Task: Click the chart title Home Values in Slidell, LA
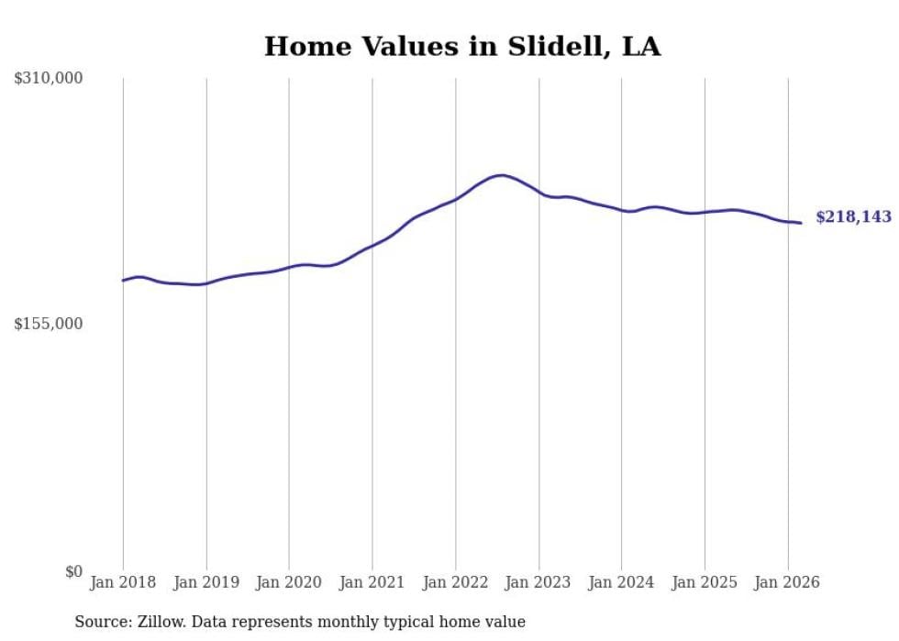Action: click(462, 47)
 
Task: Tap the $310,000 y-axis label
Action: click(49, 79)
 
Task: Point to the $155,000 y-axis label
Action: click(49, 324)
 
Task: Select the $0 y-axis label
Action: click(73, 571)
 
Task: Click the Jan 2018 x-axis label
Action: click(123, 582)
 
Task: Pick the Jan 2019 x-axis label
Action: click(206, 582)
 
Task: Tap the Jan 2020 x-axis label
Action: click(289, 582)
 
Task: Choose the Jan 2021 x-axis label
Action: click(372, 582)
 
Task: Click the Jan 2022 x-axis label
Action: click(456, 582)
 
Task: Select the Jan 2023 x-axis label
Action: click(538, 582)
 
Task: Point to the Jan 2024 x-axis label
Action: click(622, 582)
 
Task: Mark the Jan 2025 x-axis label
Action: click(705, 582)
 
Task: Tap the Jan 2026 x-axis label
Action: click(788, 582)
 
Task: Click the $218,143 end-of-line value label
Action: click(853, 217)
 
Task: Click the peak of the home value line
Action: click(500, 175)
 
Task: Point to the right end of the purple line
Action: click(801, 223)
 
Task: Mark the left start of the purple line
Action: click(123, 281)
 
